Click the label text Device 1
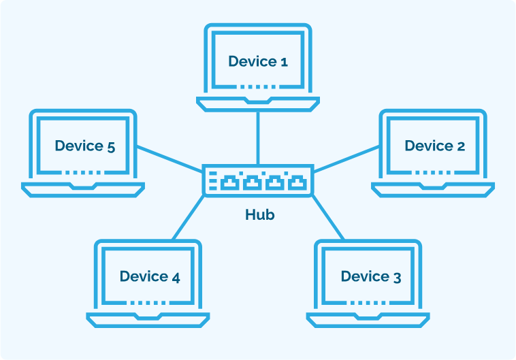click(x=258, y=61)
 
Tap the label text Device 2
click(x=434, y=146)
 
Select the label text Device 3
click(x=370, y=276)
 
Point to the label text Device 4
click(x=150, y=276)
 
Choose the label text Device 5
click(x=84, y=146)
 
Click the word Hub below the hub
click(x=259, y=215)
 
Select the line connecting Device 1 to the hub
click(x=258, y=136)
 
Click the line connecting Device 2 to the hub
click(x=346, y=157)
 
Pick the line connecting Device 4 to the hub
click(x=189, y=217)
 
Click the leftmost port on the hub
click(x=229, y=182)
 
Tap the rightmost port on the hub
click(x=295, y=182)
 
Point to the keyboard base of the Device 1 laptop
click(x=258, y=103)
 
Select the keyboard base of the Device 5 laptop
click(x=83, y=188)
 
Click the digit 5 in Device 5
click(x=110, y=146)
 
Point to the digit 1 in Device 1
click(x=284, y=62)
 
